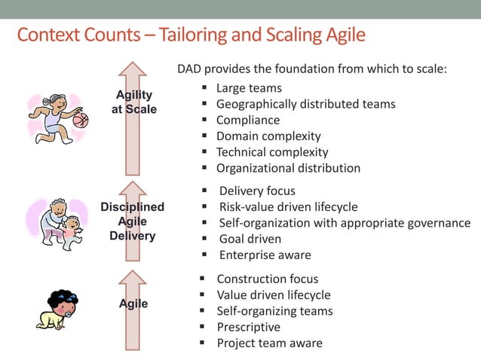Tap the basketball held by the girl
pos(80,119)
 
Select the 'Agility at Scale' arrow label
pos(133,102)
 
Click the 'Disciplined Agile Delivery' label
pos(132,221)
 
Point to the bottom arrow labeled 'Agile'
pos(133,304)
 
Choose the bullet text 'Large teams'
pos(249,88)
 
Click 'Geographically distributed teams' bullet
pos(305,104)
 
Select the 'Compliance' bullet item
pos(247,120)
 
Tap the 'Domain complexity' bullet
pos(268,136)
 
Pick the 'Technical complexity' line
pos(272,152)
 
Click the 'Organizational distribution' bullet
pos(288,168)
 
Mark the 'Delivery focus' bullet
pos(257,191)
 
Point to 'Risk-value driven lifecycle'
pos(288,207)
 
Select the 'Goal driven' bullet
pos(250,239)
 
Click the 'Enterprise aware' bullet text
pos(265,255)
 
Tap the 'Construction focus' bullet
pos(267,279)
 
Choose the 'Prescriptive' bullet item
pos(248,327)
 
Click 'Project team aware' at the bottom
pos(269,343)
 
